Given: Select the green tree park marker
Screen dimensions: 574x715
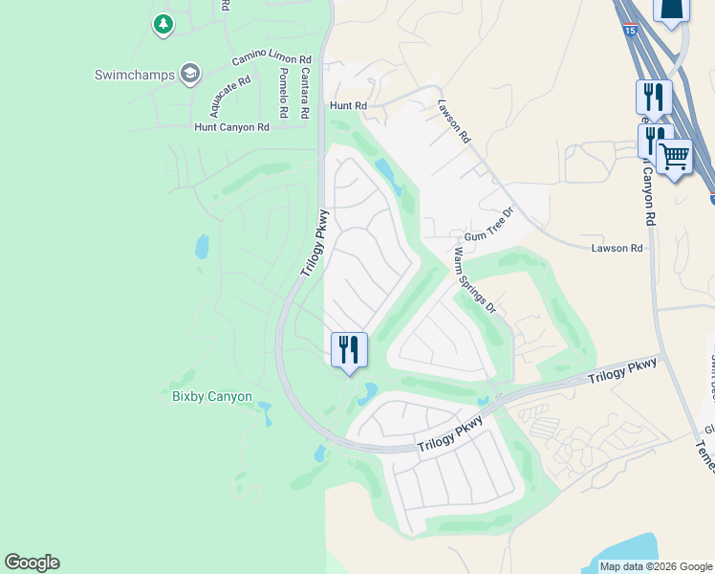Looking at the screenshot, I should pyautogui.click(x=163, y=24).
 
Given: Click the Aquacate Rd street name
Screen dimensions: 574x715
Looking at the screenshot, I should pyautogui.click(x=232, y=94).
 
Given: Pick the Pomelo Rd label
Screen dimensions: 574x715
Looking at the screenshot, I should pyautogui.click(x=284, y=93).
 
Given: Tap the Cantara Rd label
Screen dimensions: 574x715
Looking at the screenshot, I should pyautogui.click(x=304, y=92).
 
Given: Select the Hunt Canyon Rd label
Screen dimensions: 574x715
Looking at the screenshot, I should pyautogui.click(x=231, y=126).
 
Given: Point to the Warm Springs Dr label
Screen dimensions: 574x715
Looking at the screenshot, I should pyautogui.click(x=475, y=279).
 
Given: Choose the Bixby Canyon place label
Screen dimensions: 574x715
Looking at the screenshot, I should pyautogui.click(x=211, y=396).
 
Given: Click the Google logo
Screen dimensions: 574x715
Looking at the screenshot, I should pyautogui.click(x=32, y=563).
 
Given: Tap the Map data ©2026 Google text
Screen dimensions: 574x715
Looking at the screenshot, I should pyautogui.click(x=656, y=566).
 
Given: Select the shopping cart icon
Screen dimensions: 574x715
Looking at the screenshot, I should pyautogui.click(x=675, y=157).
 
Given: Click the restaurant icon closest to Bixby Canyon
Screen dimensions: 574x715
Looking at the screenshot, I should pyautogui.click(x=349, y=348).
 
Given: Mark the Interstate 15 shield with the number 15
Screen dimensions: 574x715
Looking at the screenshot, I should pyautogui.click(x=628, y=59).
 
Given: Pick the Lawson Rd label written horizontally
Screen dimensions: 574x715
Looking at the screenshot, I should pyautogui.click(x=617, y=248).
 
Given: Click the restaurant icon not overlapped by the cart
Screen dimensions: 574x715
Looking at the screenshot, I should pyautogui.click(x=654, y=97).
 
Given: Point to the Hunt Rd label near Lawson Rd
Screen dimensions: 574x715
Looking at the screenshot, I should pyautogui.click(x=348, y=106).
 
